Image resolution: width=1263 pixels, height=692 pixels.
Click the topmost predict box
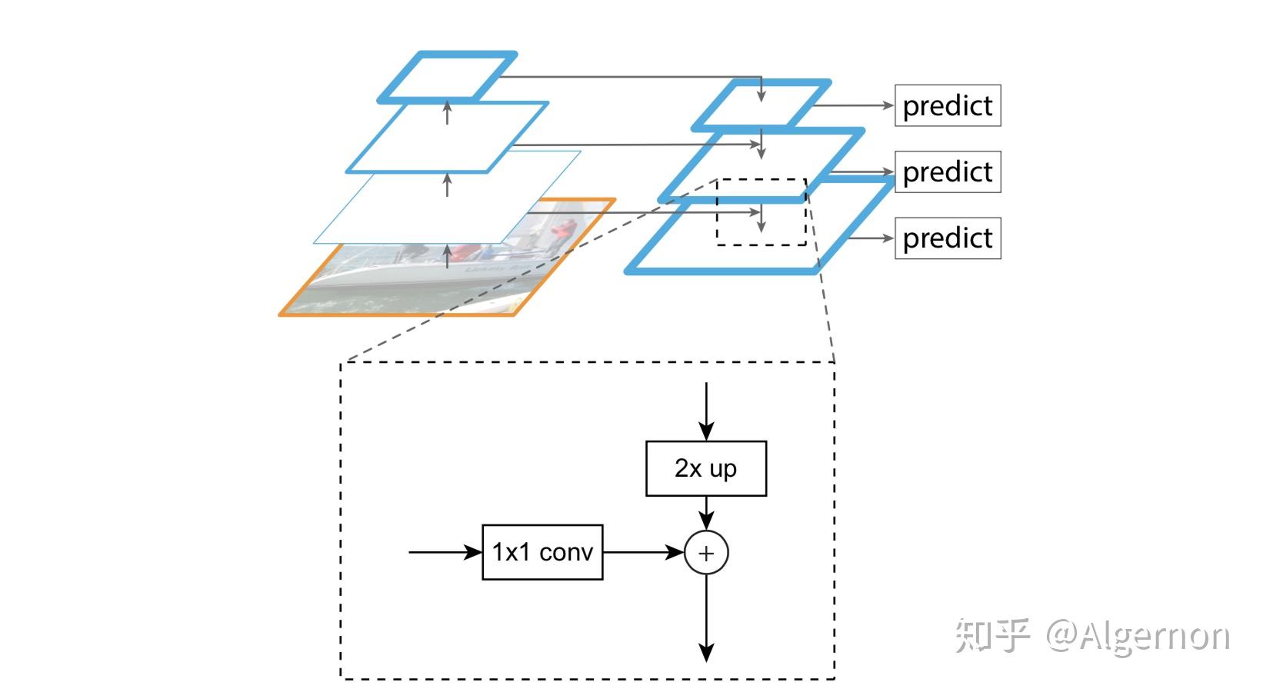tap(948, 105)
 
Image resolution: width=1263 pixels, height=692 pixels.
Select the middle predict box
tap(948, 172)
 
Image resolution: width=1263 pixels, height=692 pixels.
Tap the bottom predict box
tap(948, 238)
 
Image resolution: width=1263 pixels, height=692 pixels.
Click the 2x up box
tap(706, 468)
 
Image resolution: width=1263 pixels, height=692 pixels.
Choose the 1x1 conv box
tap(542, 552)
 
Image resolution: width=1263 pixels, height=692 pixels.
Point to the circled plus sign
tap(706, 553)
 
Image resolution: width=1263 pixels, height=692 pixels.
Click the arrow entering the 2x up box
tap(706, 411)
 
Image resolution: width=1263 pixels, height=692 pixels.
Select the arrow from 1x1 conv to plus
tap(643, 552)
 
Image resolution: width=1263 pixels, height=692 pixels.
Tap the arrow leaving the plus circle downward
tap(706, 619)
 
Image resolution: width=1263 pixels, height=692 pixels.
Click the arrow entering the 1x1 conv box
tap(445, 552)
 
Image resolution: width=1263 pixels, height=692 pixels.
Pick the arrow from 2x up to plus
tap(706, 514)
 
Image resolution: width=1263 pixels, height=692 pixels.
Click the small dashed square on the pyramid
tap(761, 212)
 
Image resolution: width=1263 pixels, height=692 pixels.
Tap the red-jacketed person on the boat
tap(564, 230)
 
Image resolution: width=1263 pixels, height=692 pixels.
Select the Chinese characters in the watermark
tap(993, 636)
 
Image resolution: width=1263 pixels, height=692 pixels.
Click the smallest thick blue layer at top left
tap(447, 77)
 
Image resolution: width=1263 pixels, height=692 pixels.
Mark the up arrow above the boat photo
tap(447, 256)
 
